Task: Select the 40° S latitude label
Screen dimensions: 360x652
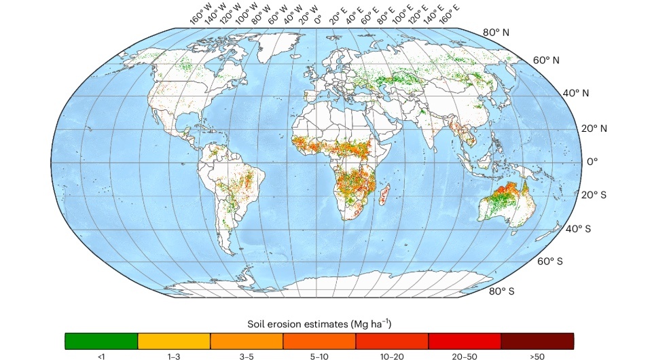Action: [578, 229]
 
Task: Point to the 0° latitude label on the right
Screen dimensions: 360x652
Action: [592, 162]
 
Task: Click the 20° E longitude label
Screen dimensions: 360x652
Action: [336, 16]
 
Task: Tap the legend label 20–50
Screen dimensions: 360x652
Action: [465, 355]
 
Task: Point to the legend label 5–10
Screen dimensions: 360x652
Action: [319, 355]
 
